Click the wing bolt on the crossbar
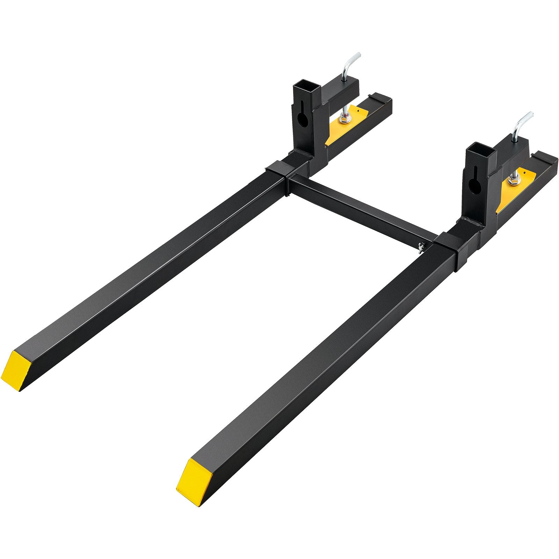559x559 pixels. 421,246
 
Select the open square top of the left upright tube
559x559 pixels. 306,87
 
